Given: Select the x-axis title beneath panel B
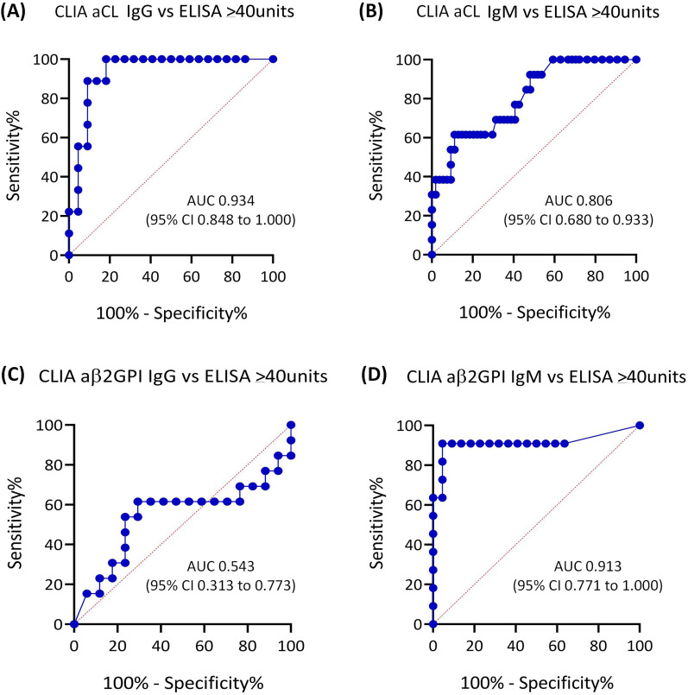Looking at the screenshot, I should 533,311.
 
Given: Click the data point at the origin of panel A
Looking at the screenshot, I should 68,256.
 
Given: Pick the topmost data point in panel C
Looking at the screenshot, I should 291,425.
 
